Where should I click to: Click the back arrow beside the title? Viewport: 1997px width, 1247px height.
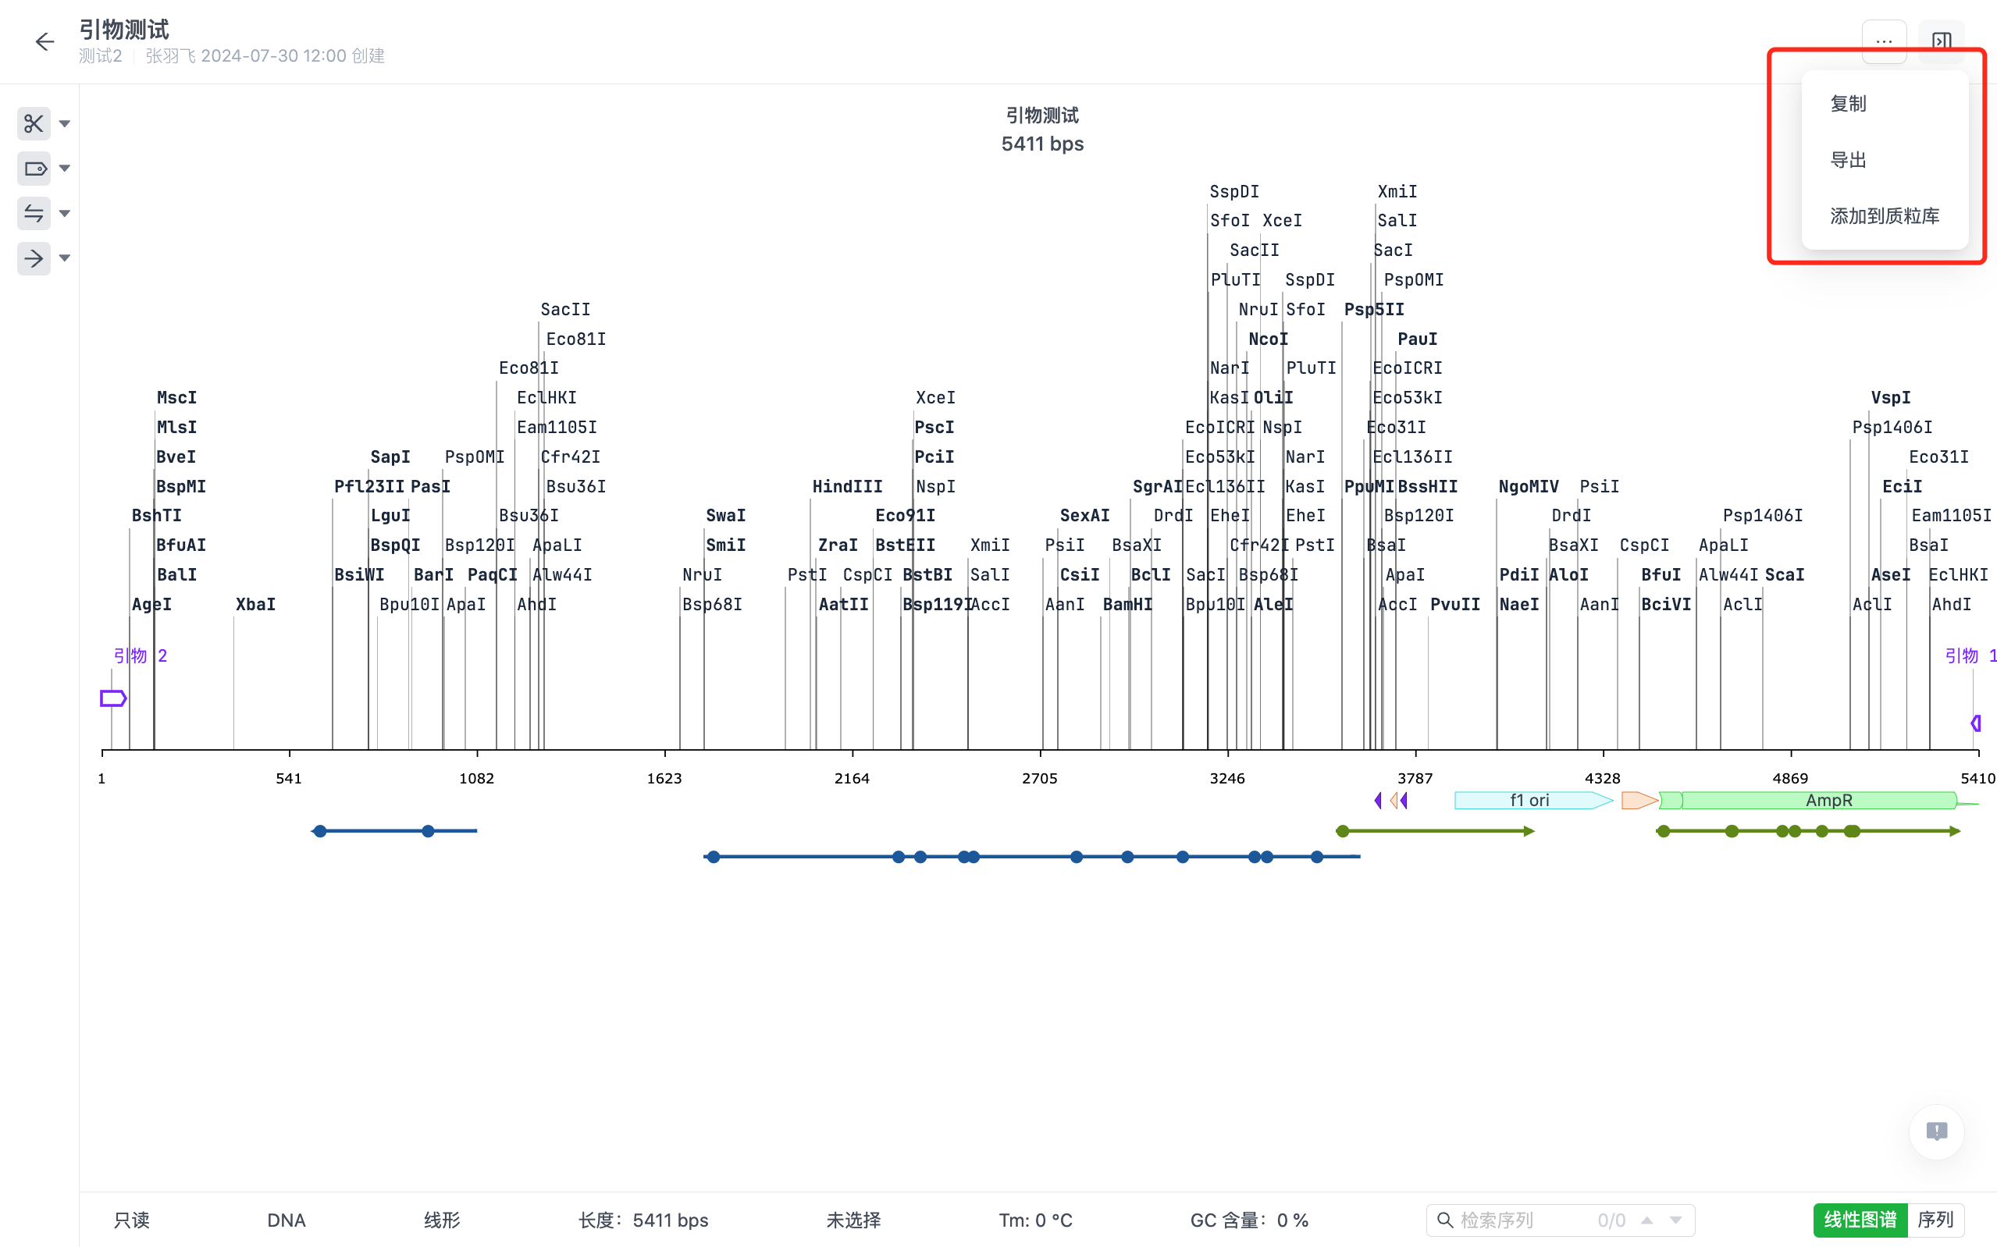[44, 42]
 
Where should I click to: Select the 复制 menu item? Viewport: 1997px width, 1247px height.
[1848, 104]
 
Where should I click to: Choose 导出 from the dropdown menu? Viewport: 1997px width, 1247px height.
[1848, 160]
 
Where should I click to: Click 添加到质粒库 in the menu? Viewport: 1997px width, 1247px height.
[1884, 216]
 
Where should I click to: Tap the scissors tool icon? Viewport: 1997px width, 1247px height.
[34, 124]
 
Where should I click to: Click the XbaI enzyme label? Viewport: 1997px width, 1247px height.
[256, 605]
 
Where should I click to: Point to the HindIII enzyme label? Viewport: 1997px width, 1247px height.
[847, 487]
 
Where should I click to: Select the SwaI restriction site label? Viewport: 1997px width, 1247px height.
[725, 516]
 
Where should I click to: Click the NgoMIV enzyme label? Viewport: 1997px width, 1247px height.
[1528, 487]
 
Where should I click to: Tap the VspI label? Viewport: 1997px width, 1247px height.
[1890, 397]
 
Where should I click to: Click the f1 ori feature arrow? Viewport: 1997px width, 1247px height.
[1530, 800]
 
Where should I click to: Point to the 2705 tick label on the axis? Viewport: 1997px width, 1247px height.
[1039, 779]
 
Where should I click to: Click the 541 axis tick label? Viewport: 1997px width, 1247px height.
[289, 779]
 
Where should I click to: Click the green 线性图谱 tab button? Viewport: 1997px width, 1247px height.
[1860, 1220]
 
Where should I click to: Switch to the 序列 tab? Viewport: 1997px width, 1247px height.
[1935, 1220]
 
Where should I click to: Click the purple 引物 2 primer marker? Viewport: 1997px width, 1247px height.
[113, 698]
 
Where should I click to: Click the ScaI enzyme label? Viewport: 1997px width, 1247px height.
[1784, 575]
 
